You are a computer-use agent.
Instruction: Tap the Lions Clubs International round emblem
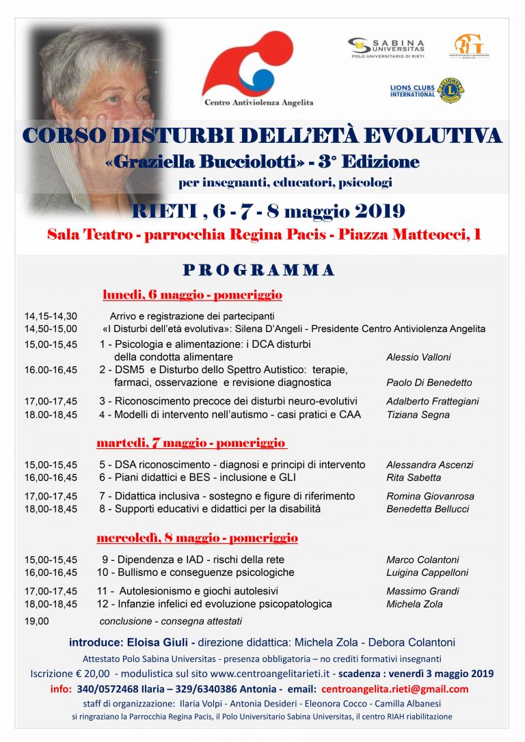(450, 90)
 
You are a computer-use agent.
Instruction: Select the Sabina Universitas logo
(387, 46)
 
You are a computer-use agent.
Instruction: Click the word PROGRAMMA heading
(259, 271)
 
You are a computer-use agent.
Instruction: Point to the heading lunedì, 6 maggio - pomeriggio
(192, 295)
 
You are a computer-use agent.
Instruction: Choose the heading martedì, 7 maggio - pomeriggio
(191, 443)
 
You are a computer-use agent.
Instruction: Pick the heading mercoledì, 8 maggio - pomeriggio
(197, 537)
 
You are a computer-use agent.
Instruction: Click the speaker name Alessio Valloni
(418, 357)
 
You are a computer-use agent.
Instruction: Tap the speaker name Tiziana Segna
(418, 415)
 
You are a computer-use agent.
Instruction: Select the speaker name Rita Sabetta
(414, 478)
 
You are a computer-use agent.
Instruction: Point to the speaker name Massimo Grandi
(422, 591)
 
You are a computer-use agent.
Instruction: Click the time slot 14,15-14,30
(51, 316)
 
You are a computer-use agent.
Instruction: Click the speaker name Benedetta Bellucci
(429, 509)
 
